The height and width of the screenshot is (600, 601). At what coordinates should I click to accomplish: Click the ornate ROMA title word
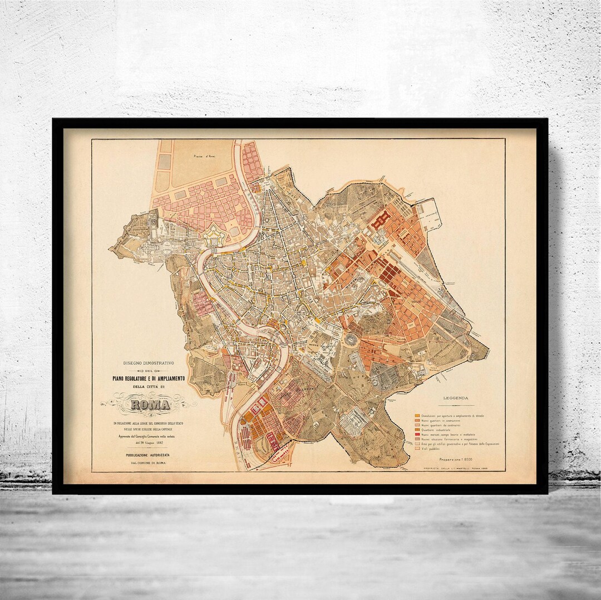[150, 404]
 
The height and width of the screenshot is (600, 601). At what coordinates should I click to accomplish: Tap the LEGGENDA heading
[456, 398]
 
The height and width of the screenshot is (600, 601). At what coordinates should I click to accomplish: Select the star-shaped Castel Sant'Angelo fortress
[212, 237]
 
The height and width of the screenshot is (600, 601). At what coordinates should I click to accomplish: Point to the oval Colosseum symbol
[352, 340]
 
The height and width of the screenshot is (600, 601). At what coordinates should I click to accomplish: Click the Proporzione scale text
[457, 460]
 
